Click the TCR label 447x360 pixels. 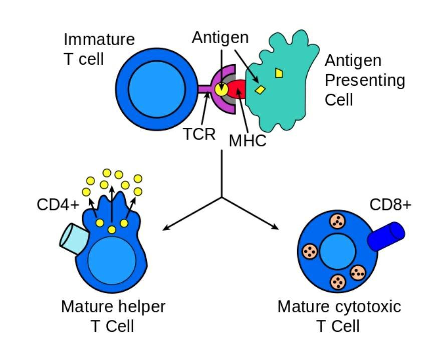(x=199, y=134)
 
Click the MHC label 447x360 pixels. (x=248, y=141)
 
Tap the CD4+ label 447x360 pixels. (x=58, y=205)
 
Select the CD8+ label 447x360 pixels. (x=390, y=205)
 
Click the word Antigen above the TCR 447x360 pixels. (x=220, y=38)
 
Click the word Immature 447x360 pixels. (x=99, y=39)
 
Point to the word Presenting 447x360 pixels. (x=365, y=80)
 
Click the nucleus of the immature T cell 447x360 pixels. (x=150, y=89)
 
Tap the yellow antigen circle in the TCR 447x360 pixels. (x=221, y=89)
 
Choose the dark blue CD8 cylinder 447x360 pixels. (x=386, y=236)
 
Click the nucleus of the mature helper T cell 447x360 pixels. (x=112, y=260)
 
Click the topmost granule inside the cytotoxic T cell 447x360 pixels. (x=337, y=221)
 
